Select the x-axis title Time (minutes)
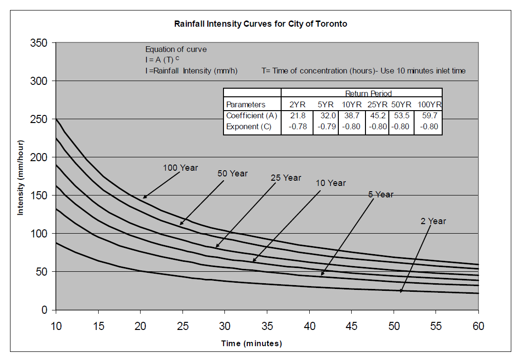click(x=251, y=343)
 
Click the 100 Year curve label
click(x=180, y=167)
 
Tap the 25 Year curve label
click(x=286, y=178)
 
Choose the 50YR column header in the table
click(x=401, y=104)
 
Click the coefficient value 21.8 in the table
click(x=297, y=116)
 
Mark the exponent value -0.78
click(x=297, y=127)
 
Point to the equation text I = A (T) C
click(x=162, y=60)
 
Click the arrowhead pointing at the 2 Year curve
click(x=401, y=290)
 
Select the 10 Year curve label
click(x=331, y=183)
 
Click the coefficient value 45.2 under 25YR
click(x=377, y=116)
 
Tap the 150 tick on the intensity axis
click(x=41, y=195)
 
